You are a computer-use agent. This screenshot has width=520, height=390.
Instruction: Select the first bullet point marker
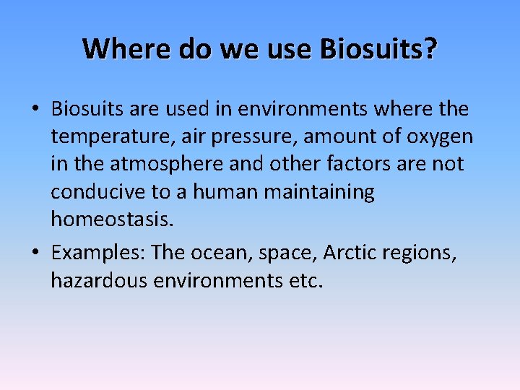point(35,110)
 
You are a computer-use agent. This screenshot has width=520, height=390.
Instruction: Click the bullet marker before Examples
point(35,253)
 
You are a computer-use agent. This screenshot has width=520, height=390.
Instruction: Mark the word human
point(225,193)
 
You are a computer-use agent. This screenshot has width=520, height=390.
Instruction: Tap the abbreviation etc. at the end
point(306,281)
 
